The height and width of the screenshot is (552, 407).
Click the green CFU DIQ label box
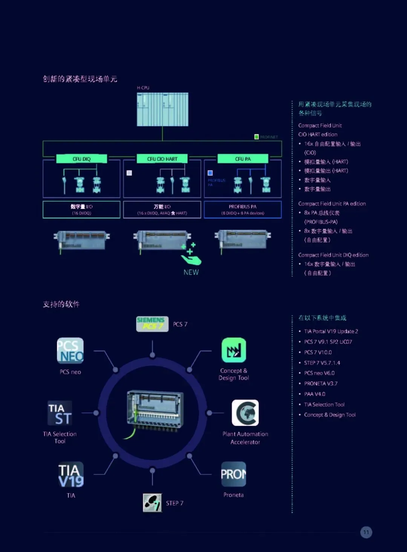81,159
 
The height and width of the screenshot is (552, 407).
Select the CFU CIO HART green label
162,159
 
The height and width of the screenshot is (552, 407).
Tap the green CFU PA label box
243,159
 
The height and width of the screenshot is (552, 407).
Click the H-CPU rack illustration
162,109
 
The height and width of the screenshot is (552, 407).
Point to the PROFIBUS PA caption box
243,209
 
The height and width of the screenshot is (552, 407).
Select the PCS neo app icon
70,351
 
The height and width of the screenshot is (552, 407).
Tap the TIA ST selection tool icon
60,413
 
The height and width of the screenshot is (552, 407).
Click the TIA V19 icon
71,474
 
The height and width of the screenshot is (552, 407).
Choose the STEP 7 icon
152,503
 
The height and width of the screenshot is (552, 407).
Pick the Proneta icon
233,474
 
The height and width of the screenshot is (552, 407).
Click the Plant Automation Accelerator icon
245,413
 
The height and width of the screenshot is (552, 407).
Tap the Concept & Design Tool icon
234,350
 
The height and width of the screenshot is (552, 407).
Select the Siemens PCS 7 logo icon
152,324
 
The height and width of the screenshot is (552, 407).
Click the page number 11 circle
366,532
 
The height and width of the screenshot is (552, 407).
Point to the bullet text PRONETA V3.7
321,383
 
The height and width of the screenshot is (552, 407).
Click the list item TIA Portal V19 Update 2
331,331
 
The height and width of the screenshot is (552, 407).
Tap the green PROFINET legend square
257,137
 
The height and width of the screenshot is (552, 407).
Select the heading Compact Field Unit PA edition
332,204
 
